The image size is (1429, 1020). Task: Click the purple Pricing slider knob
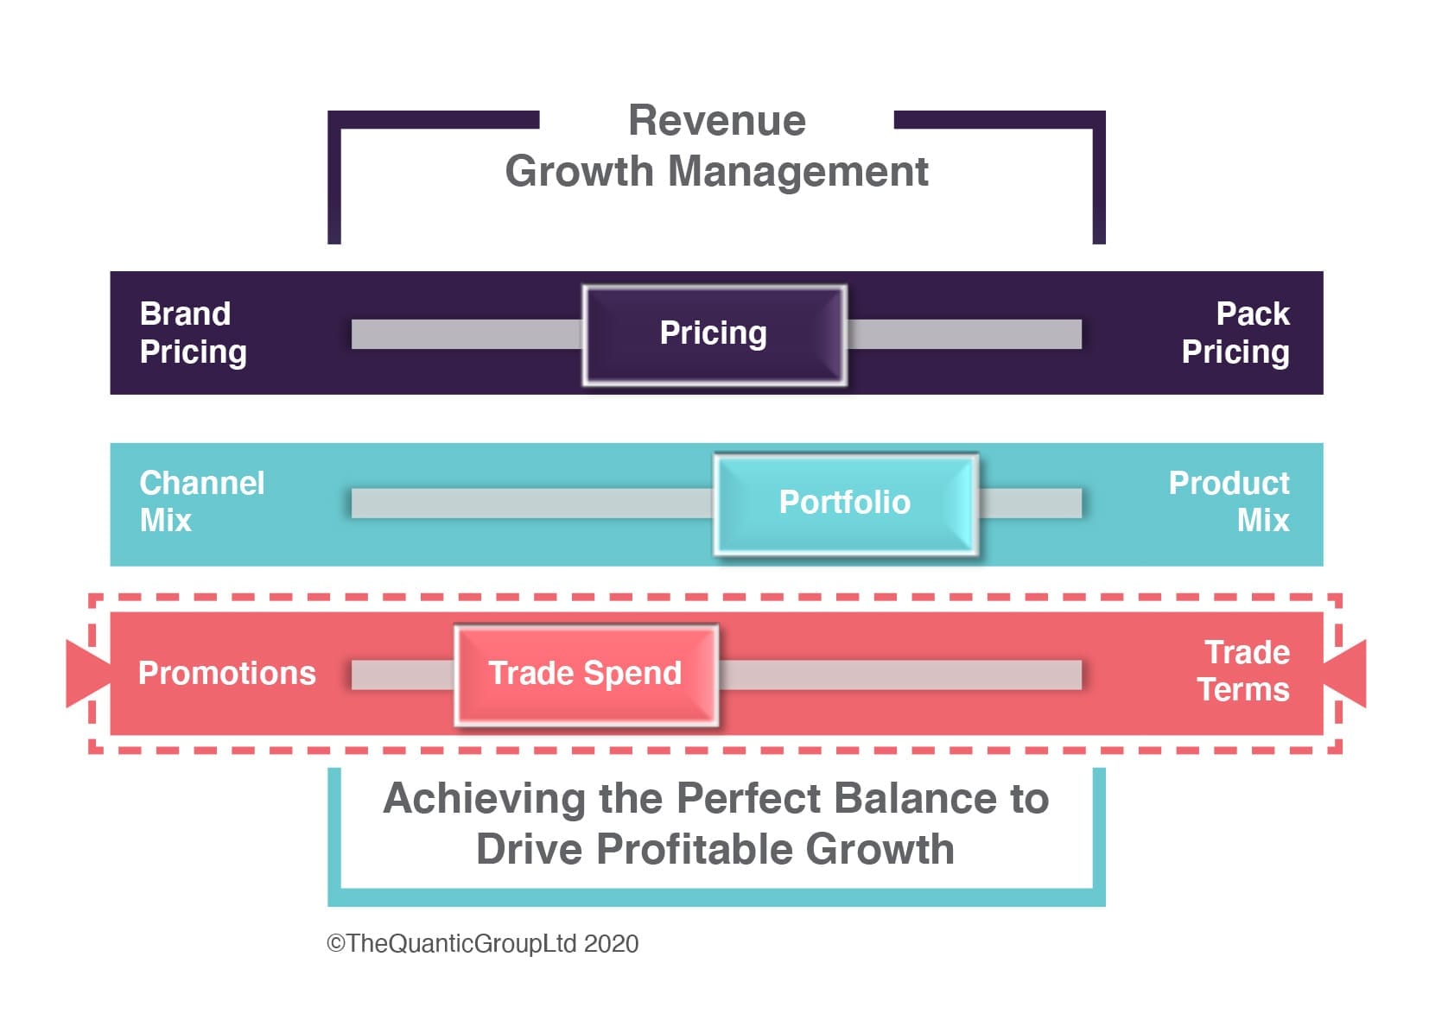coord(714,335)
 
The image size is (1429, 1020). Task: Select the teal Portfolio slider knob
coord(846,504)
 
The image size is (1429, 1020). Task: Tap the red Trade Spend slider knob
coord(587,675)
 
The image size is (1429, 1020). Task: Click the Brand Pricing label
coord(194,333)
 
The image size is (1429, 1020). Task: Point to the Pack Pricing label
coord(1235,333)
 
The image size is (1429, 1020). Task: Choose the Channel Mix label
coord(201,502)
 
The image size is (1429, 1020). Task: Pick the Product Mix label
coord(1229,502)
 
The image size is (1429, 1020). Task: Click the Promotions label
coord(227,673)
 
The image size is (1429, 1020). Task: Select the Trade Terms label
coord(1244,671)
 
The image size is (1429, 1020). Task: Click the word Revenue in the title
coord(717,120)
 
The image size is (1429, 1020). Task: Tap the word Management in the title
coord(798,172)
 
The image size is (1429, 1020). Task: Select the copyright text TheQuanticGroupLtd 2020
coord(482,944)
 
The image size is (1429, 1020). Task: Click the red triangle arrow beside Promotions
coord(88,675)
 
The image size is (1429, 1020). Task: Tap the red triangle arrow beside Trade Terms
coord(1345,674)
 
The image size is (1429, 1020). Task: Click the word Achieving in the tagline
coord(484,799)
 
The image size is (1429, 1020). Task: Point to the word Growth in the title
coord(579,172)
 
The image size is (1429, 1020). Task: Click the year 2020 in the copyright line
coord(611,944)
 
